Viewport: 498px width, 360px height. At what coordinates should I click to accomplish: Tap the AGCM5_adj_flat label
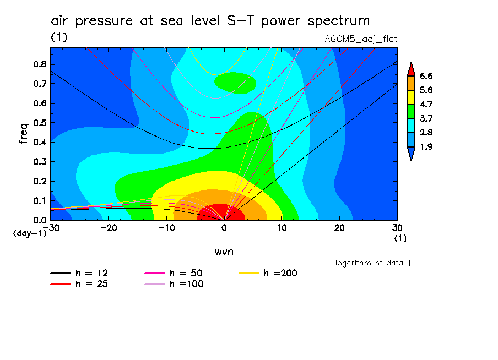[x=361, y=39]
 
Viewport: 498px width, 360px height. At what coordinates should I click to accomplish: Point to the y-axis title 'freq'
[x=23, y=134]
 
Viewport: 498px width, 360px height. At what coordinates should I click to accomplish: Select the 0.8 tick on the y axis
[x=39, y=64]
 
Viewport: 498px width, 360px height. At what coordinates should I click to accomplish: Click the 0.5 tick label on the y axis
[x=39, y=123]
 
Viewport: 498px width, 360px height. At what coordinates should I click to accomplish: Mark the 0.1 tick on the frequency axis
[x=39, y=201]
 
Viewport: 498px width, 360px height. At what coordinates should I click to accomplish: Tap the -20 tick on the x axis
[x=109, y=227]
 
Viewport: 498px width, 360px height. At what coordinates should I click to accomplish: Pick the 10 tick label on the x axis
[x=282, y=227]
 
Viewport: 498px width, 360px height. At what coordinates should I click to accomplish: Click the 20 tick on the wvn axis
[x=339, y=227]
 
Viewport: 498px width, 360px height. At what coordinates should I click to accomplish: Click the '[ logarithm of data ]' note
[x=369, y=263]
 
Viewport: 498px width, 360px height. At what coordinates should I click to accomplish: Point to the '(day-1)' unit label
[x=30, y=233]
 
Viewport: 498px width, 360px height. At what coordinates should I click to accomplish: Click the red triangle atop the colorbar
[x=410, y=68]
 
